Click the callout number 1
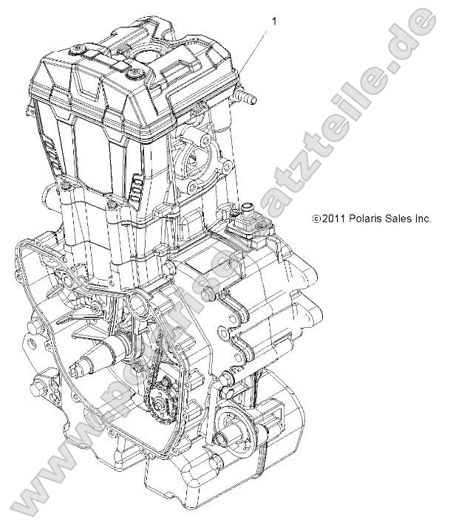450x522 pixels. tap(275, 21)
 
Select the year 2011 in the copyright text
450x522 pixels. tap(333, 219)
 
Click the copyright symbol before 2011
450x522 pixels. tap(316, 219)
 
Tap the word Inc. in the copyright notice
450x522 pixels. tap(423, 219)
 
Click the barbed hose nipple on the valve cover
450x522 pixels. tap(245, 97)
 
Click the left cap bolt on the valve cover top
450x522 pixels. tap(75, 49)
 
